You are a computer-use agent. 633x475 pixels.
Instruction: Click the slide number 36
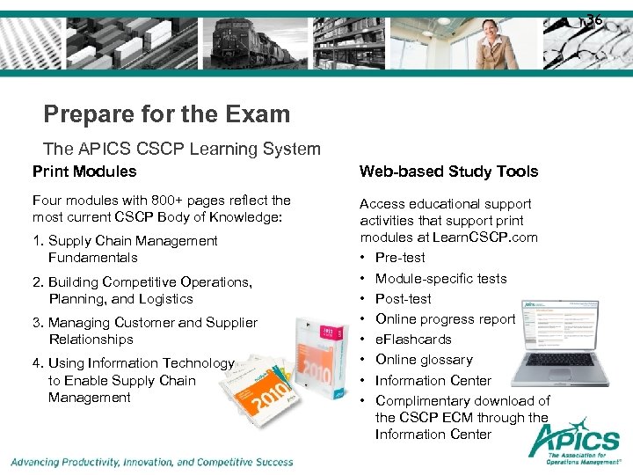pyautogui.click(x=594, y=19)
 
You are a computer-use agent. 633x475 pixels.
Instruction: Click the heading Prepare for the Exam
pyautogui.click(x=166, y=114)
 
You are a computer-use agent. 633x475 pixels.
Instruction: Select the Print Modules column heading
pyautogui.click(x=84, y=172)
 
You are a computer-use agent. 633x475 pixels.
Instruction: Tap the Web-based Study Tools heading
pyautogui.click(x=448, y=172)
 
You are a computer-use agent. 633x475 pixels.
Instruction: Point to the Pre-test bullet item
pyautogui.click(x=400, y=258)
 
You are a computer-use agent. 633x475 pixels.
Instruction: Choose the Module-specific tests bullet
pyautogui.click(x=440, y=279)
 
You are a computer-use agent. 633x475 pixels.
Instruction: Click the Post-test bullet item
pyautogui.click(x=404, y=299)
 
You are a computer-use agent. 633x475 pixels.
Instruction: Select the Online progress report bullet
pyautogui.click(x=445, y=319)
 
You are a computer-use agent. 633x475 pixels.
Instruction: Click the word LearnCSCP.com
pyautogui.click(x=494, y=237)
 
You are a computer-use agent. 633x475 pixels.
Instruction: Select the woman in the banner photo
pyautogui.click(x=497, y=44)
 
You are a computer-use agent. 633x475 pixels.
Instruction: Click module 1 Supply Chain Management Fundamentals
pyautogui.click(x=132, y=249)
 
